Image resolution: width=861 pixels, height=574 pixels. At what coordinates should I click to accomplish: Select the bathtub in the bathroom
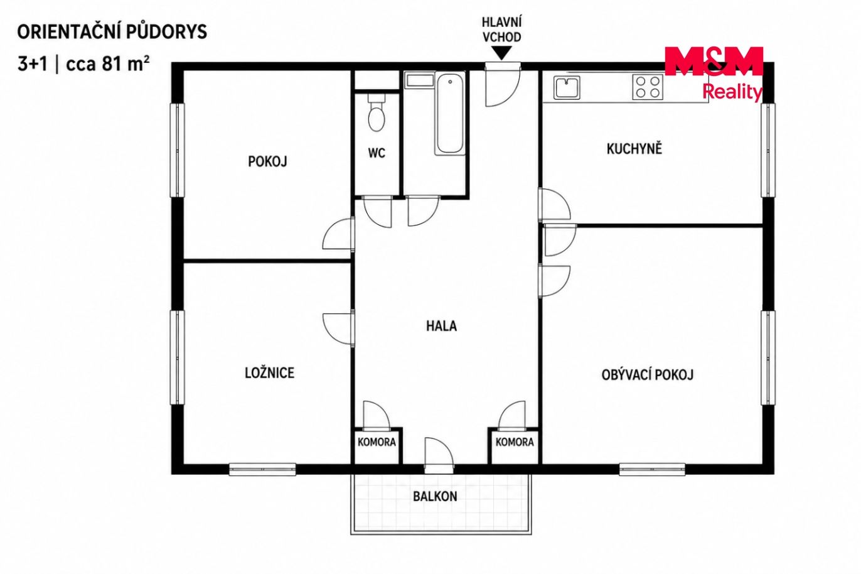(x=449, y=114)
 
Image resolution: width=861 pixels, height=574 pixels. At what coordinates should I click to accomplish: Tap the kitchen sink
(x=567, y=88)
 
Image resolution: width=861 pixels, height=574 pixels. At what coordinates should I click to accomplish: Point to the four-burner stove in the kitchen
(x=648, y=87)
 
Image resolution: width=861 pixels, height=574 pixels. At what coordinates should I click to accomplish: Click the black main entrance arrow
(x=501, y=53)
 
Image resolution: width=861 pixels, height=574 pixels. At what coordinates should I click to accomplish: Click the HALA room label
(x=441, y=326)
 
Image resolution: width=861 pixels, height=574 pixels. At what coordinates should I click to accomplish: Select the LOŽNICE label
(x=269, y=373)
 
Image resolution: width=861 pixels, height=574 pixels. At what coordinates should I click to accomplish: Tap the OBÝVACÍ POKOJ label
(x=647, y=374)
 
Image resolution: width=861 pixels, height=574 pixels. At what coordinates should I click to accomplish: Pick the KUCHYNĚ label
(x=634, y=148)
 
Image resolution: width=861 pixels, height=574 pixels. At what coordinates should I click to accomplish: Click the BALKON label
(x=435, y=496)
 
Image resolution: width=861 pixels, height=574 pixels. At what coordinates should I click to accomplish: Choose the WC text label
(x=377, y=153)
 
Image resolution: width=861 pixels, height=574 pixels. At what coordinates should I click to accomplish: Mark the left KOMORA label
(x=377, y=442)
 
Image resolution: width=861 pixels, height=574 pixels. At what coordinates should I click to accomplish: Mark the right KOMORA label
(x=515, y=442)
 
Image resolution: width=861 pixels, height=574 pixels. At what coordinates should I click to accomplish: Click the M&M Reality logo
(x=714, y=73)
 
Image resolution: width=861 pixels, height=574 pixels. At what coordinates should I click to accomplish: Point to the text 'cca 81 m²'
(x=108, y=64)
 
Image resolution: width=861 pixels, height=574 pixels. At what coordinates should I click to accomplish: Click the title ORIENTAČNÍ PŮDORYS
(x=112, y=31)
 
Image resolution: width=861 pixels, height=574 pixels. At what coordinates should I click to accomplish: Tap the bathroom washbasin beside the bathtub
(x=420, y=80)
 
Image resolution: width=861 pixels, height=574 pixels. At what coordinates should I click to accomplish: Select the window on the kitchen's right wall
(x=767, y=150)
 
